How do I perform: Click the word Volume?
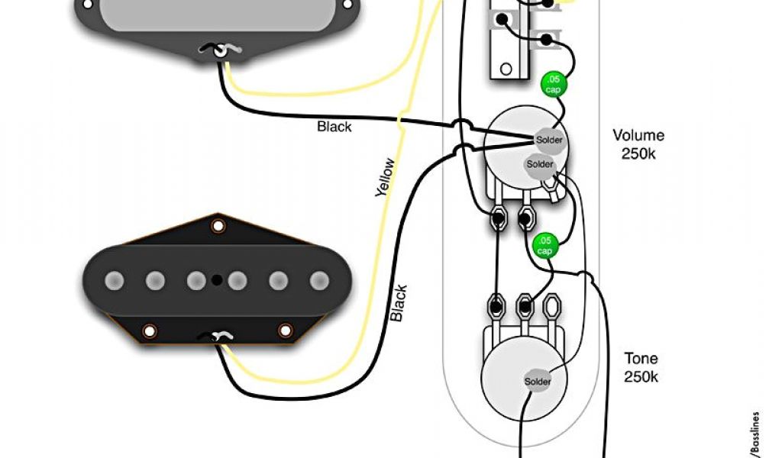(638, 136)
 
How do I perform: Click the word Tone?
(641, 359)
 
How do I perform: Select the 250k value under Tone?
(641, 376)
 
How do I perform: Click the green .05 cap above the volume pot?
(552, 85)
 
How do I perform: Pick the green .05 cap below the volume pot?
(544, 246)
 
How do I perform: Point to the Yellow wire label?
(386, 177)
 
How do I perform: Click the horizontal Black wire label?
(334, 127)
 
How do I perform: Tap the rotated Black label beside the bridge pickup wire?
(399, 303)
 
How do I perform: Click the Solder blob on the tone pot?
(537, 381)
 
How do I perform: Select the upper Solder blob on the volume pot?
(549, 140)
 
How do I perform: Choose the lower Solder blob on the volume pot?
(539, 164)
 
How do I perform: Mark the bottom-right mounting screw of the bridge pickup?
(286, 331)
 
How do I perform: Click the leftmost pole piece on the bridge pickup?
(115, 281)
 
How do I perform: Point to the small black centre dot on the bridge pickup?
(217, 280)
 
